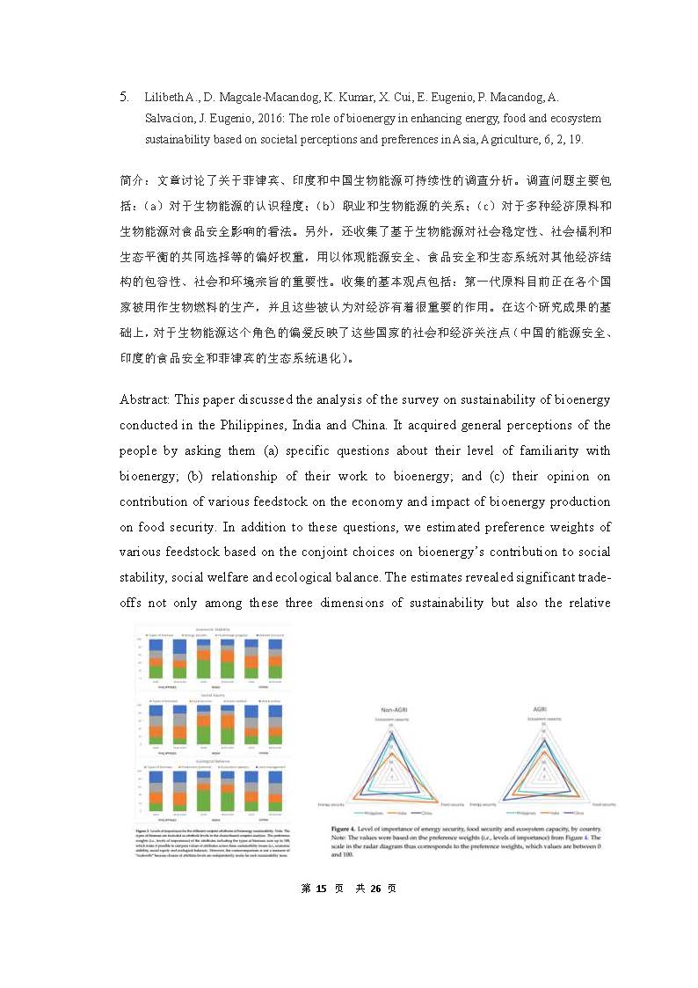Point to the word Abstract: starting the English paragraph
coord(145,399)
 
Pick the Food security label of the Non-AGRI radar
coord(453,804)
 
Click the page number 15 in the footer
coord(322,889)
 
